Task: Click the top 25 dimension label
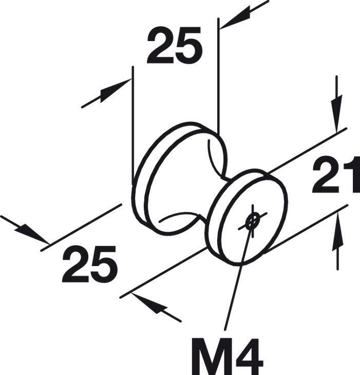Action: [x=175, y=45]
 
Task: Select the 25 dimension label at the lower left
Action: [x=90, y=264]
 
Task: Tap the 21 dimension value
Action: [x=336, y=175]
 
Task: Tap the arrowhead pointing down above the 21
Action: [x=337, y=114]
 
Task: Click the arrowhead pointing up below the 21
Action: [x=337, y=232]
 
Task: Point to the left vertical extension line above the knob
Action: [x=132, y=125]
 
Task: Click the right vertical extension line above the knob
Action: [x=218, y=76]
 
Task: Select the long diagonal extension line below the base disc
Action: [x=163, y=273]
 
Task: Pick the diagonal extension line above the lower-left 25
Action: [x=81, y=228]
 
